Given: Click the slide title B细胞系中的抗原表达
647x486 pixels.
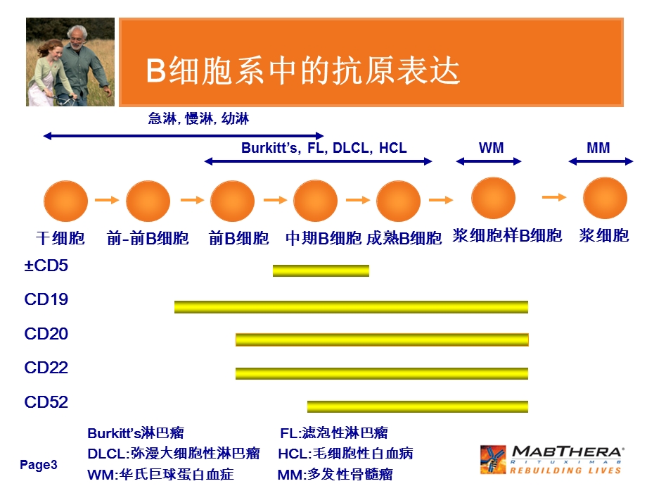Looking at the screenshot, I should pyautogui.click(x=302, y=71).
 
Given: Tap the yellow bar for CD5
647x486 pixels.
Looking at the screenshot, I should pyautogui.click(x=321, y=270).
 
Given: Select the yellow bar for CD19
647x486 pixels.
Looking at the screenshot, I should pyautogui.click(x=351, y=306).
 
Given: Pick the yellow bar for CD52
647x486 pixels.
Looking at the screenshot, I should pyautogui.click(x=417, y=406).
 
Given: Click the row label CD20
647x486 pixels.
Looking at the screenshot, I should pyautogui.click(x=46, y=334).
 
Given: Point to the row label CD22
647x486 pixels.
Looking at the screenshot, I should pyautogui.click(x=46, y=368).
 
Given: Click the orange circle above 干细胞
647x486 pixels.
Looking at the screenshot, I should pyautogui.click(x=66, y=201).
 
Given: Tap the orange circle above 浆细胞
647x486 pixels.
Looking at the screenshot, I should pyautogui.click(x=605, y=198).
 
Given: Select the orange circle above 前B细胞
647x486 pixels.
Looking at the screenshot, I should pyautogui.click(x=232, y=201).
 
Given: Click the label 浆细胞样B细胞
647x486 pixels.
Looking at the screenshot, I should pyautogui.click(x=507, y=236).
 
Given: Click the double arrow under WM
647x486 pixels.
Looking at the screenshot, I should pyautogui.click(x=489, y=161).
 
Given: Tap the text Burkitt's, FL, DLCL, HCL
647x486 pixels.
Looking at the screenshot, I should pyautogui.click(x=323, y=148).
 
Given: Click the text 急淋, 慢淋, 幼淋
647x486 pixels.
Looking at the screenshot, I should pyautogui.click(x=198, y=118).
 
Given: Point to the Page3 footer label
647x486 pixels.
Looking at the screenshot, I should pyautogui.click(x=39, y=465).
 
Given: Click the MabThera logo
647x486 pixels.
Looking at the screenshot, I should pyautogui.click(x=552, y=459).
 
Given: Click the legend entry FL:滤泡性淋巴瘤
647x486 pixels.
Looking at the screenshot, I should pyautogui.click(x=333, y=432).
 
